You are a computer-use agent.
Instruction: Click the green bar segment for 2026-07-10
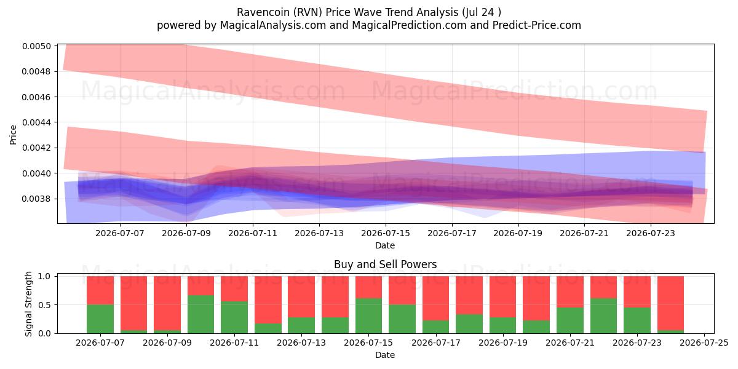point(200,314)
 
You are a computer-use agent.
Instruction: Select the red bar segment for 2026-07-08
point(134,303)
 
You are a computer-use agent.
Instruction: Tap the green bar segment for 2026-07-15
point(368,316)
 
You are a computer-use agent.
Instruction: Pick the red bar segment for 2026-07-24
point(670,303)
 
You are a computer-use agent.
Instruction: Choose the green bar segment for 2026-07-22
point(603,316)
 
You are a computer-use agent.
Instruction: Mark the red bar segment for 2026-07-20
point(536,298)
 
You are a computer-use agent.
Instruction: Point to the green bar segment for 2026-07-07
point(100,319)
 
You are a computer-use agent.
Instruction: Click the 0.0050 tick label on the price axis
point(37,46)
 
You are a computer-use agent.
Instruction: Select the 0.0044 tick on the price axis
point(37,122)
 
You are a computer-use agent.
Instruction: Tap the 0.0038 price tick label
point(37,199)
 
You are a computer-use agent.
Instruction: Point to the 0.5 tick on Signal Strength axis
point(44,305)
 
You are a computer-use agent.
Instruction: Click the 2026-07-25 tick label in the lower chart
point(704,343)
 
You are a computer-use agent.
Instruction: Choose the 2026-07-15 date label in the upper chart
point(386,233)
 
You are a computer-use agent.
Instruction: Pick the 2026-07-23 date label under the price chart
point(651,233)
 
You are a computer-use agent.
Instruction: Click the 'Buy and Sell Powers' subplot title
point(386,264)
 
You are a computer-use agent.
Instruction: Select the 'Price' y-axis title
point(13,135)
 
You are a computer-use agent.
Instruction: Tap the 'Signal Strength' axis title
point(29,304)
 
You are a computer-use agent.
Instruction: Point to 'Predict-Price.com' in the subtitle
point(537,25)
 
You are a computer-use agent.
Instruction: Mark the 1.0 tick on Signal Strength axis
point(44,276)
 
